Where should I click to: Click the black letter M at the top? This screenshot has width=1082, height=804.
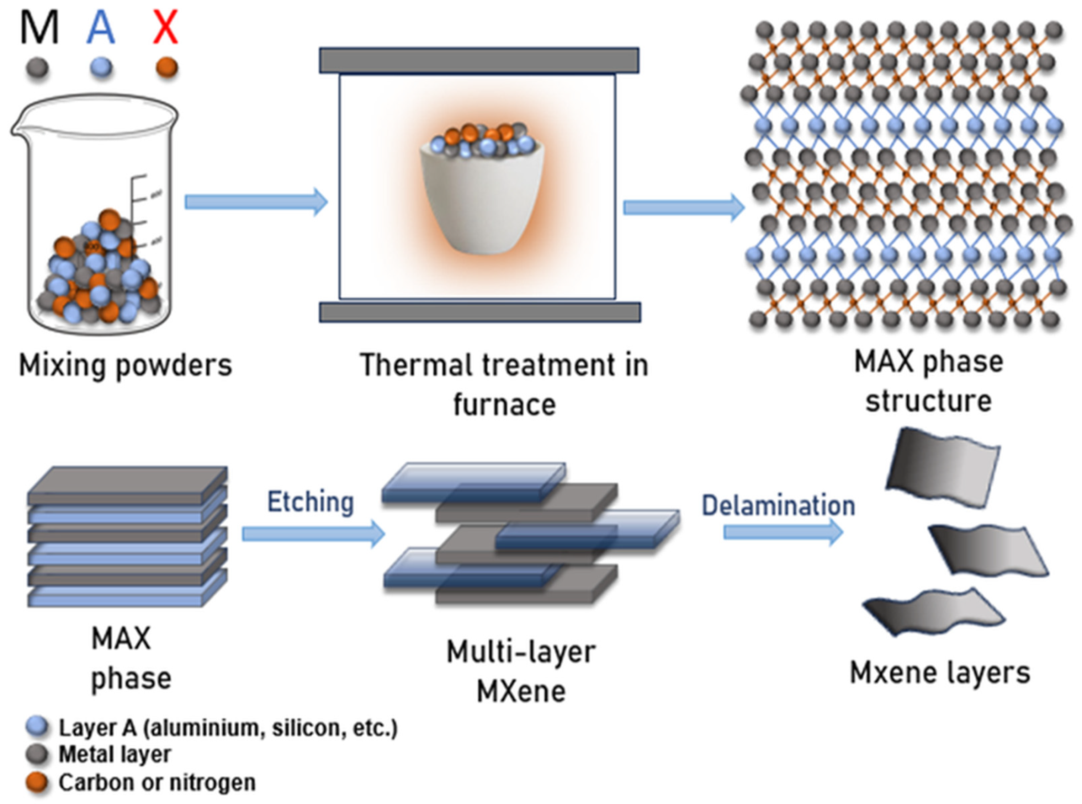[39, 28]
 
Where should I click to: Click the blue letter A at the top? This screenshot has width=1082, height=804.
[101, 28]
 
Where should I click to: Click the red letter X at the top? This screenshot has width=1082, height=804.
[165, 28]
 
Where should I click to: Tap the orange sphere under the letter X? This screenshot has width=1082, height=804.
[166, 68]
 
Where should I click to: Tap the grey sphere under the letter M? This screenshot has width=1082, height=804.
[37, 68]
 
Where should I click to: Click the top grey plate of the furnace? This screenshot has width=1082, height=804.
[479, 60]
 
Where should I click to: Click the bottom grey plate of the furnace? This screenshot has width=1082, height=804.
[480, 312]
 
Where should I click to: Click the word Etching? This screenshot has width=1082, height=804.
[310, 502]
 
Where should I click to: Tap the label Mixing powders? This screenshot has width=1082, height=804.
[125, 365]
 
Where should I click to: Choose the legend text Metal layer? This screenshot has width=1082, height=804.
[115, 754]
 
